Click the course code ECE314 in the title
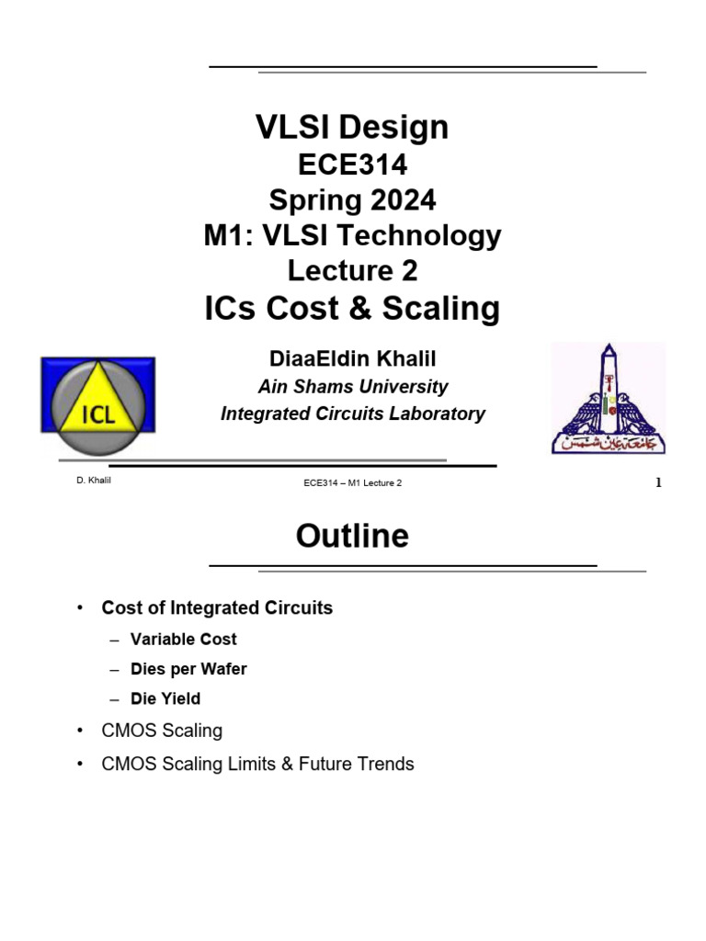(352, 164)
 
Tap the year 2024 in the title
(402, 199)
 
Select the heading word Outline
(352, 536)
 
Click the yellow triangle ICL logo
(98, 405)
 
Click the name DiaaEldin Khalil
(352, 360)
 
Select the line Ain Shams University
(352, 387)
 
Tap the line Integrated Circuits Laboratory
(352, 414)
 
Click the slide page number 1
(658, 483)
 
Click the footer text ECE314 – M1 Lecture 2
(353, 483)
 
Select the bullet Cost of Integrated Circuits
(217, 607)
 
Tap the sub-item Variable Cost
(184, 639)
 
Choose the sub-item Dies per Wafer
(188, 669)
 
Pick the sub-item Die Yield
(165, 698)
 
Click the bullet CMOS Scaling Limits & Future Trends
(257, 764)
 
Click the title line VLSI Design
(352, 127)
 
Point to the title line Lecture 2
(352, 271)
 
